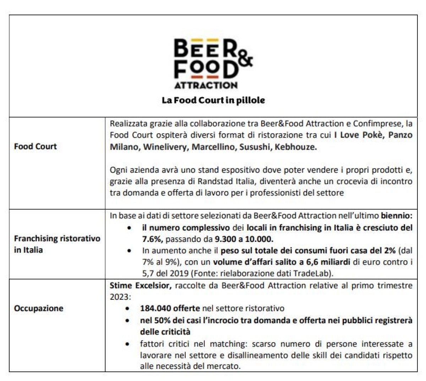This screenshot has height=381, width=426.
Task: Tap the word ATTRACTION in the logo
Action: point(206,85)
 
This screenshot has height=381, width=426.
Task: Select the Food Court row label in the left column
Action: point(35,146)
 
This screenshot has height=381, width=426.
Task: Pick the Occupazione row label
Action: point(38,308)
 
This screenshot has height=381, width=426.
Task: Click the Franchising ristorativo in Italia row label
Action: point(57,244)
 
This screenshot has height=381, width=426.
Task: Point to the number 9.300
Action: point(227,239)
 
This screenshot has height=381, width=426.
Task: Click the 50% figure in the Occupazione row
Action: point(162,320)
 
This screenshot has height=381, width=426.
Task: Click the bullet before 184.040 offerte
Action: point(127,309)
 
